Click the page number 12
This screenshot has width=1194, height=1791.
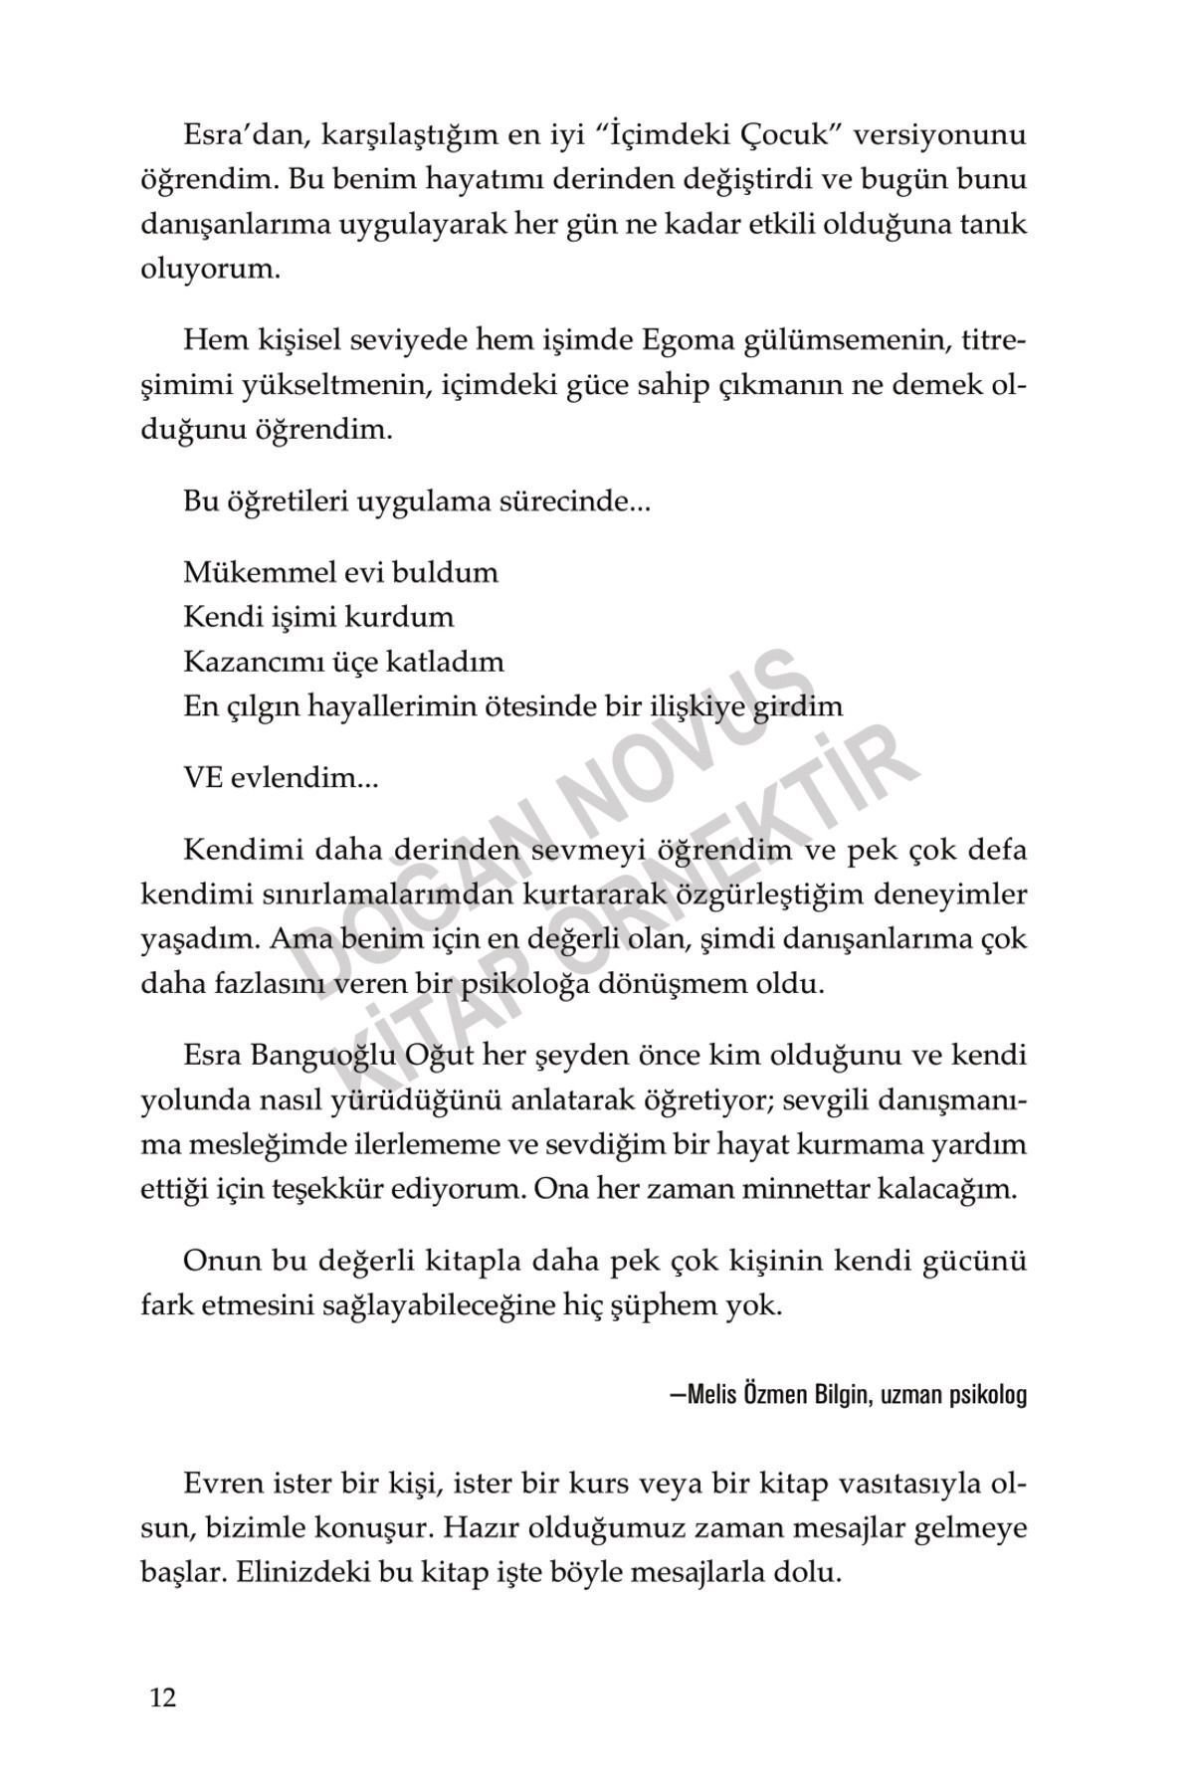(x=163, y=1696)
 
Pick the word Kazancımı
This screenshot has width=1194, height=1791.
(x=256, y=662)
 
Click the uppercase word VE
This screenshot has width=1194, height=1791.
(x=203, y=778)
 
